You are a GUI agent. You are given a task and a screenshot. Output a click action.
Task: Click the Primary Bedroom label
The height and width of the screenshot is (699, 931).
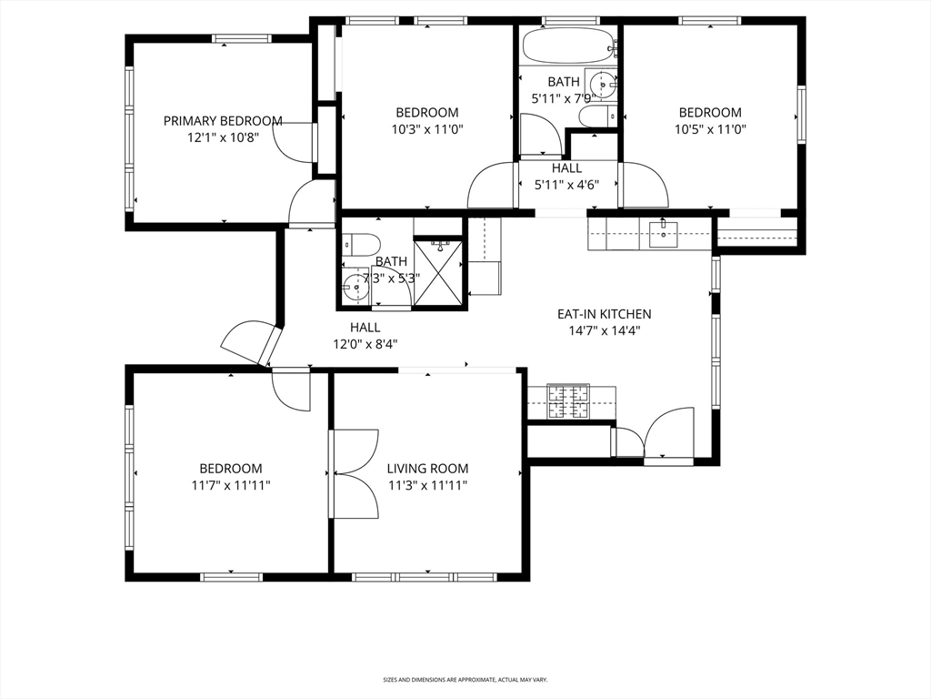[223, 121]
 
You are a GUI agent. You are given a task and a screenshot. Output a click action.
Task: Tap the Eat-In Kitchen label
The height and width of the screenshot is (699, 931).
[604, 314]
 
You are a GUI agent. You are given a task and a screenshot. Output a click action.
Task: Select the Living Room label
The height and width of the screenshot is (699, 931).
[427, 469]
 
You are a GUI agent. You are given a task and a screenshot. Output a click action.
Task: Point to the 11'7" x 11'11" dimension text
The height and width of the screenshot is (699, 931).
[231, 485]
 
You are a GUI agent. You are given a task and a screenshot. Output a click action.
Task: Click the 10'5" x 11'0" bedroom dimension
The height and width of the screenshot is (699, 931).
[710, 129]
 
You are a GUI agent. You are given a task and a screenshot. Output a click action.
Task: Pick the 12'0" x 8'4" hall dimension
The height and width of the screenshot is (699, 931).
[365, 343]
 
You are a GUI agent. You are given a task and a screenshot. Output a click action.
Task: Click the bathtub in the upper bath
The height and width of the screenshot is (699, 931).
[567, 44]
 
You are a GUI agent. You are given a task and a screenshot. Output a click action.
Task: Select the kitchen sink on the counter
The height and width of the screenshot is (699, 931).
[663, 234]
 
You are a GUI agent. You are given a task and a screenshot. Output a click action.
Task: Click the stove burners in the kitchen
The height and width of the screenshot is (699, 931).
[567, 401]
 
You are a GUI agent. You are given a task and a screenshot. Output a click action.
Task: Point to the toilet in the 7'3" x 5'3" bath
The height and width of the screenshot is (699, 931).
[362, 245]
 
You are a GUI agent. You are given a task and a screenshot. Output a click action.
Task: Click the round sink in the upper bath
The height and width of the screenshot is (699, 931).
[603, 85]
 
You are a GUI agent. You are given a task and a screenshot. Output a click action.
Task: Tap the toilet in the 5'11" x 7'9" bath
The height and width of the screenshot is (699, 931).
[597, 116]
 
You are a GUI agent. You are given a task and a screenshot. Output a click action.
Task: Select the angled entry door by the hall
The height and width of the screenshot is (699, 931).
[250, 342]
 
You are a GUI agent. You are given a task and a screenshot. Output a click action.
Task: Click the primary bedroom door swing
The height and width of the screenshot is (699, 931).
[292, 141]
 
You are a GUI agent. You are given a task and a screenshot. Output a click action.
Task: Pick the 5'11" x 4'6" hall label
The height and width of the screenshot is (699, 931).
[567, 177]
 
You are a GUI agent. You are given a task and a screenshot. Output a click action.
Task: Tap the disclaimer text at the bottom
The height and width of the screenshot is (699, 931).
[465, 679]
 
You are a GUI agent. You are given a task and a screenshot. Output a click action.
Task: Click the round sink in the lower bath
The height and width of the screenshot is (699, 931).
[355, 287]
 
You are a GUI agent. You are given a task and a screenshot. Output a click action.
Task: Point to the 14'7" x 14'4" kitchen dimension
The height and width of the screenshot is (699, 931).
[604, 330]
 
